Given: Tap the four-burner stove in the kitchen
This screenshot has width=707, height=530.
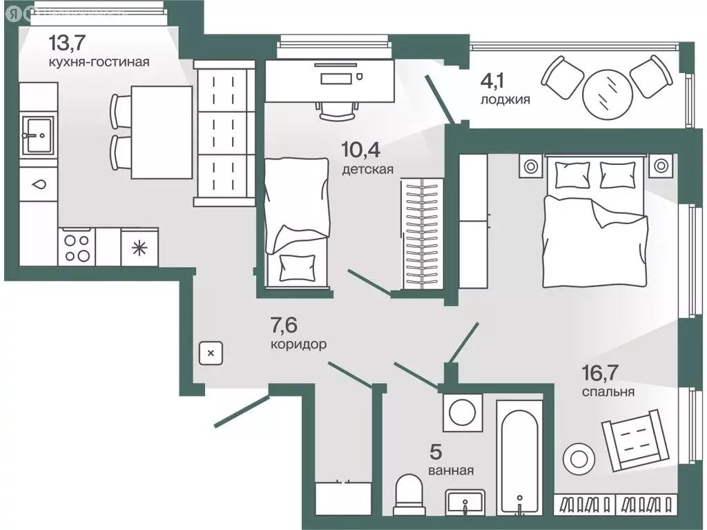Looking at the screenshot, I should pyautogui.click(x=76, y=247).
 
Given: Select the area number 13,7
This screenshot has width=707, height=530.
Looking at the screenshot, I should pyautogui.click(x=68, y=43).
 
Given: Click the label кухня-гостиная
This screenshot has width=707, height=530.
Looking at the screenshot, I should pyautogui.click(x=99, y=62).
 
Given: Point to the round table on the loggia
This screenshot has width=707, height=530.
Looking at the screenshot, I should pyautogui.click(x=607, y=95).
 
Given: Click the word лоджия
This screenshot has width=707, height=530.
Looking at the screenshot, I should pyautogui.click(x=505, y=99).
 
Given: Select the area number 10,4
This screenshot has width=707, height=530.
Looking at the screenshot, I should pyautogui.click(x=361, y=149).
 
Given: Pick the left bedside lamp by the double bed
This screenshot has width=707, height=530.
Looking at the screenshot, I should pyautogui.click(x=530, y=166).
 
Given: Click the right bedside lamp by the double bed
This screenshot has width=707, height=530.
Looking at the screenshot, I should pyautogui.click(x=661, y=166).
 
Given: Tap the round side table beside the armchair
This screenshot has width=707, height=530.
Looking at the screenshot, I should pyautogui.click(x=578, y=457).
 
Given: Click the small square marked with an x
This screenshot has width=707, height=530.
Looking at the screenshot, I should pyautogui.click(x=211, y=353).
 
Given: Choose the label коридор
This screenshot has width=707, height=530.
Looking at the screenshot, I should pyautogui.click(x=298, y=343).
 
